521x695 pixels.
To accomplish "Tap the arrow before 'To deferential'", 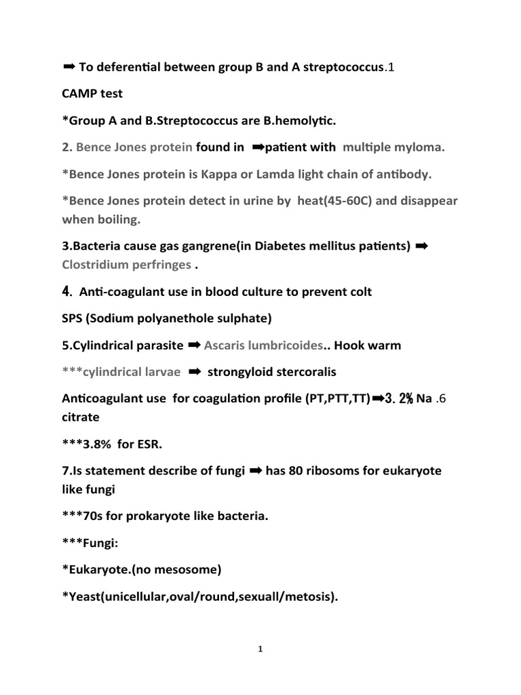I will pyautogui.click(x=69, y=67).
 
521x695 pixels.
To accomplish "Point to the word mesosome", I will pyautogui.click(x=185, y=570).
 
